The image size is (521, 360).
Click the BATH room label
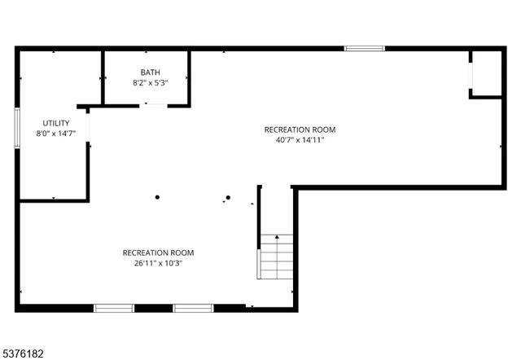click(150, 72)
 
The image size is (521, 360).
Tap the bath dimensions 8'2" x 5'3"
click(150, 83)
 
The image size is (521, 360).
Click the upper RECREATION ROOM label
click(300, 130)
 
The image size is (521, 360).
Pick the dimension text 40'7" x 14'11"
click(300, 140)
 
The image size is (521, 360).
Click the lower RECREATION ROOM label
click(158, 252)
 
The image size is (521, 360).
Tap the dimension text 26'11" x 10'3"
click(158, 263)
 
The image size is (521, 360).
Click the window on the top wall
click(364, 49)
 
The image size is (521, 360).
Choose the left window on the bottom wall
click(114, 308)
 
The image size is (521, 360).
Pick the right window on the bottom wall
click(193, 308)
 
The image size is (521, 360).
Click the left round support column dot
click(158, 196)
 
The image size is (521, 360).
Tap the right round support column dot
click(229, 197)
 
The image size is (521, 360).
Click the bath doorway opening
click(151, 104)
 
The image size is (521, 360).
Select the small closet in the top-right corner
click(486, 73)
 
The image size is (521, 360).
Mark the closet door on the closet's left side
click(471, 73)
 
